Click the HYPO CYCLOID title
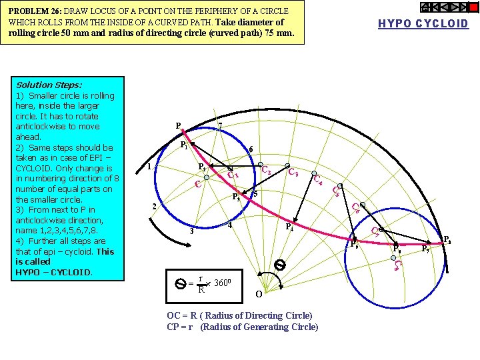[423, 24]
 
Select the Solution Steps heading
[49, 85]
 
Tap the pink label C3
[292, 173]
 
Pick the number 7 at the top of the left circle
[220, 126]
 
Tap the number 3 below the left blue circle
[192, 231]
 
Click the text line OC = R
[239, 315]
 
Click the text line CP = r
[242, 327]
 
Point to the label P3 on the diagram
[235, 197]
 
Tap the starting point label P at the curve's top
[178, 125]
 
